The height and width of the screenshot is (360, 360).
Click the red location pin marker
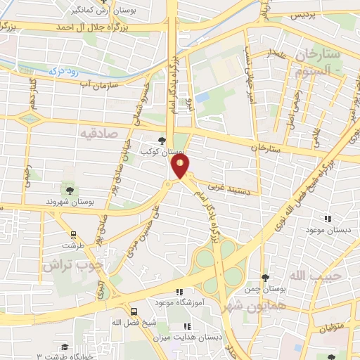pyautogui.click(x=181, y=166)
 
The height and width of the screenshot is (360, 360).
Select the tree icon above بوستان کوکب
pyautogui.click(x=163, y=141)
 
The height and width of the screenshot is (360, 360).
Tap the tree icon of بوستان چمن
pyautogui.click(x=264, y=279)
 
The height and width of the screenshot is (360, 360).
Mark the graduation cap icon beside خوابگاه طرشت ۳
pyautogui.click(x=65, y=347)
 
